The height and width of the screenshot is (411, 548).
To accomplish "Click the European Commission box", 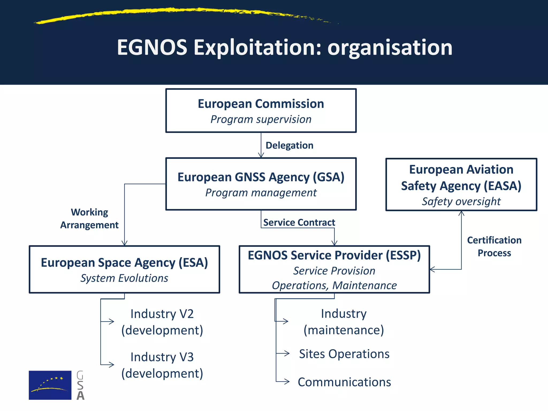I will coord(261,111).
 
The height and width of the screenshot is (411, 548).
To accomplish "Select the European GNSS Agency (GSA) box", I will coord(261,184).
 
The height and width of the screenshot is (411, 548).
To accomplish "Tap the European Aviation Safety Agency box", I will coord(461,184).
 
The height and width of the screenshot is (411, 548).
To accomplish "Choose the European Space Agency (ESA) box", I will coord(124,269).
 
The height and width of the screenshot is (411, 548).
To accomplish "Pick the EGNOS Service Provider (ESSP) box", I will coord(334,269).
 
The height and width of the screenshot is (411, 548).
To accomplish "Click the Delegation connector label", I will coord(289,145).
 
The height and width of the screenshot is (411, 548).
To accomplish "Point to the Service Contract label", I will coord(299,222).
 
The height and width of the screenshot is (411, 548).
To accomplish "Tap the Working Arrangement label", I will coord(89,218).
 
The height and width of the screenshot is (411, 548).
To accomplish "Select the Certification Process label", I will coord(494,246).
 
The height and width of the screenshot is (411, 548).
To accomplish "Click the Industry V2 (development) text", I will coord(162,322).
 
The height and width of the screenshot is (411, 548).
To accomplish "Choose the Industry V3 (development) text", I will coord(162,365).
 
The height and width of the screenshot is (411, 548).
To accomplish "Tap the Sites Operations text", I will coord(344,354).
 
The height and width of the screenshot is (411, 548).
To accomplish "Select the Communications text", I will coord(344,382).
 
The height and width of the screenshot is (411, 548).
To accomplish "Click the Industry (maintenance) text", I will coord(344,322).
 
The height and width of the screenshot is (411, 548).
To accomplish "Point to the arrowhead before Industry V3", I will coord(111,364).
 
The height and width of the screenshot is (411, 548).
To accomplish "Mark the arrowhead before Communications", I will coord(287,381).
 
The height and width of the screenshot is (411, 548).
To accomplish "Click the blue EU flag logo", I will coord(50,385).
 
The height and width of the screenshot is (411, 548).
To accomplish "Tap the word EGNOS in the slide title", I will coord(152,47).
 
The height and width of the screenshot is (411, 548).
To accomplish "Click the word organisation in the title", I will coord(390,47).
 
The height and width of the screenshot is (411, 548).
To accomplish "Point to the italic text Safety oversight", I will coord(461,201).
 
